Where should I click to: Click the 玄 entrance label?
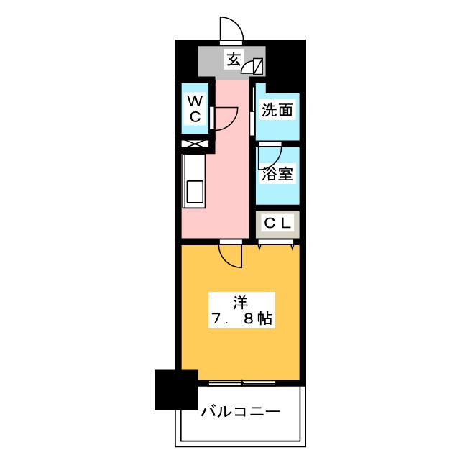234,60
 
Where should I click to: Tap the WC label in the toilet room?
195,109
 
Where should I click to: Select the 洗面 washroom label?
277,110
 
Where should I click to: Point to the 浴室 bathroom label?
277,174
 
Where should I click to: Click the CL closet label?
277,224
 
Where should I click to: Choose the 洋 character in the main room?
240,303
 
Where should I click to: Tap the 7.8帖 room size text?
242,319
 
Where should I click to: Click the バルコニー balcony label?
240,412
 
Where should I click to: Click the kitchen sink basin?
195,192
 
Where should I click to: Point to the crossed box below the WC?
195,144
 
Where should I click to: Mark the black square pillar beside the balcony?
176,390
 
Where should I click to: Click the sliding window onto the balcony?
242,383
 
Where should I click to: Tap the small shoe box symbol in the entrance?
252,67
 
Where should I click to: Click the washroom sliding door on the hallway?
252,110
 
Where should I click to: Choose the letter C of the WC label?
195,117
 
